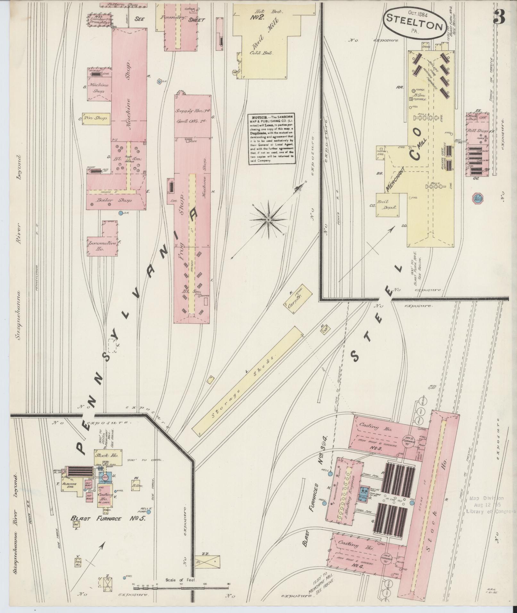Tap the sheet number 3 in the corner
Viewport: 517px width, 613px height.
tap(499, 17)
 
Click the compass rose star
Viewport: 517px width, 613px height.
tap(268, 220)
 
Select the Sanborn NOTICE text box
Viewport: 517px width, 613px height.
tap(272, 139)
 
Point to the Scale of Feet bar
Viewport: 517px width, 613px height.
tap(181, 585)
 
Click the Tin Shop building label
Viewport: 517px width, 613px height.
tap(96, 119)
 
